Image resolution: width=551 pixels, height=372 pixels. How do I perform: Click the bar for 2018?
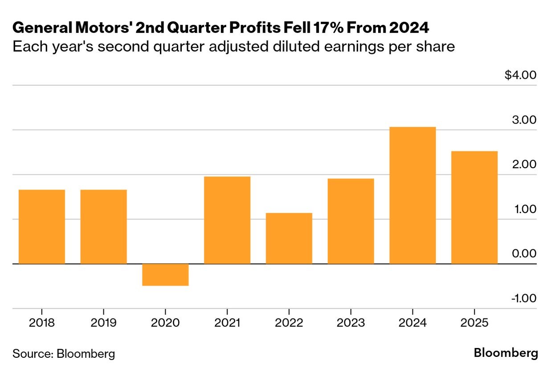coord(42,226)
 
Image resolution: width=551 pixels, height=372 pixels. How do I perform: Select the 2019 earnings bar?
coord(103,226)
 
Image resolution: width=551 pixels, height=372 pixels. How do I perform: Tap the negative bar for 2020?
coord(165,275)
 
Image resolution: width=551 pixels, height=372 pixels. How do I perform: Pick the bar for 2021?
coord(227,220)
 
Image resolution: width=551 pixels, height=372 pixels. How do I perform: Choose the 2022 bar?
coord(289,239)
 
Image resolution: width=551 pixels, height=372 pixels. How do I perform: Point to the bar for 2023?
coord(351,221)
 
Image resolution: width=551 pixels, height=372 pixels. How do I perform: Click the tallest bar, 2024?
coord(412,195)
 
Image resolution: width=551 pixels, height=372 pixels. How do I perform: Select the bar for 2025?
coord(474,207)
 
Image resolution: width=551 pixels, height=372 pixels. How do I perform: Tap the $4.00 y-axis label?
coord(520,75)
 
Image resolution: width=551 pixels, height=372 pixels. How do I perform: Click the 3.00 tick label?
coord(524,120)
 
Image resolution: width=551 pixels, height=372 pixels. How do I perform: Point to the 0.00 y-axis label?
coord(524,253)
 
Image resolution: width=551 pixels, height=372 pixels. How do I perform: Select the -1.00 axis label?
coord(524,298)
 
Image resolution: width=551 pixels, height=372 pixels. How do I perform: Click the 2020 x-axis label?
coord(165,323)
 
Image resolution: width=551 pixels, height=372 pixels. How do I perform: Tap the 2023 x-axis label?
coord(351,323)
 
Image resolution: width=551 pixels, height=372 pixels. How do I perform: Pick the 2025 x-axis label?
coord(474,323)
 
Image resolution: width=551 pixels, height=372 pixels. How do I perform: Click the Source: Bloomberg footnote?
coord(64,354)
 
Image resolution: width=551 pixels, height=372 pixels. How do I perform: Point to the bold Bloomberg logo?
coord(506,353)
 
